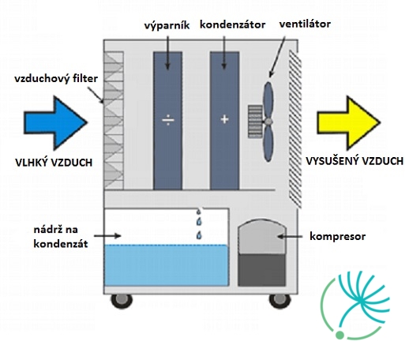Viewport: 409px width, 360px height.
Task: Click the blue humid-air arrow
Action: pos(55,122)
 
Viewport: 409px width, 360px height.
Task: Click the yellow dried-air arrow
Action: pos(349,122)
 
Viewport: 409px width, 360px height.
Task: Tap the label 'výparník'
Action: pos(167,25)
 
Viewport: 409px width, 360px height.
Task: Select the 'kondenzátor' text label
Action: pos(233,24)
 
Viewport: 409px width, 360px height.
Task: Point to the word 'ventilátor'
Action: pos(305,24)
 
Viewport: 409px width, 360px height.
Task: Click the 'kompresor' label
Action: pos(338,236)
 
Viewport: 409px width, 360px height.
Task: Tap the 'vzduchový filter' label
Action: pos(56,79)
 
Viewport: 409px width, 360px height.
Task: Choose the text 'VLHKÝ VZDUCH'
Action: pos(54,163)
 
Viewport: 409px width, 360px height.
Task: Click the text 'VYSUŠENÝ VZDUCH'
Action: pos(355,161)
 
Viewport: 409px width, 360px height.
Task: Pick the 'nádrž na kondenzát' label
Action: pos(61,237)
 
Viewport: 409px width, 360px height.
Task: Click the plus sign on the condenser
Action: pos(224,119)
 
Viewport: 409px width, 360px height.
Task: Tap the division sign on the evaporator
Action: pos(168,120)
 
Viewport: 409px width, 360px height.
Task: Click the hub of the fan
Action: pos(268,122)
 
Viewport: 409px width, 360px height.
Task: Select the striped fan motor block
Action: pos(255,122)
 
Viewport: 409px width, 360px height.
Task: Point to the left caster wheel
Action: pos(122,301)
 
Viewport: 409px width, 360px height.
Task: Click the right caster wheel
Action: pos(280,301)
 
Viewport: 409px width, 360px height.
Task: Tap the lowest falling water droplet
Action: pos(199,235)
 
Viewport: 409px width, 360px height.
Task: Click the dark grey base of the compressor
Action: pos(262,270)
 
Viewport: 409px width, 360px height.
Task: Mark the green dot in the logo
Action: pos(340,335)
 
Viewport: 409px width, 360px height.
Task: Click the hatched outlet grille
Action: pos(295,129)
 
